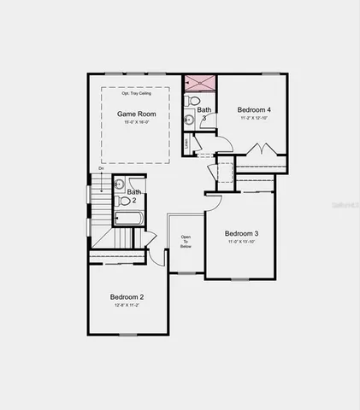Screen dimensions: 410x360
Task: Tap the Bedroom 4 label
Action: pos(254,109)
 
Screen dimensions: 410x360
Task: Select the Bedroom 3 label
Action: pos(242,233)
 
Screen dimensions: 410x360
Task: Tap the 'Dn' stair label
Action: pos(101,168)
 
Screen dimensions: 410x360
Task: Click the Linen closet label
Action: pos(187,143)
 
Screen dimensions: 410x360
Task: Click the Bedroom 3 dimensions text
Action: pos(242,242)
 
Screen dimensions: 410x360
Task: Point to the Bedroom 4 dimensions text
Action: pos(254,118)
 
